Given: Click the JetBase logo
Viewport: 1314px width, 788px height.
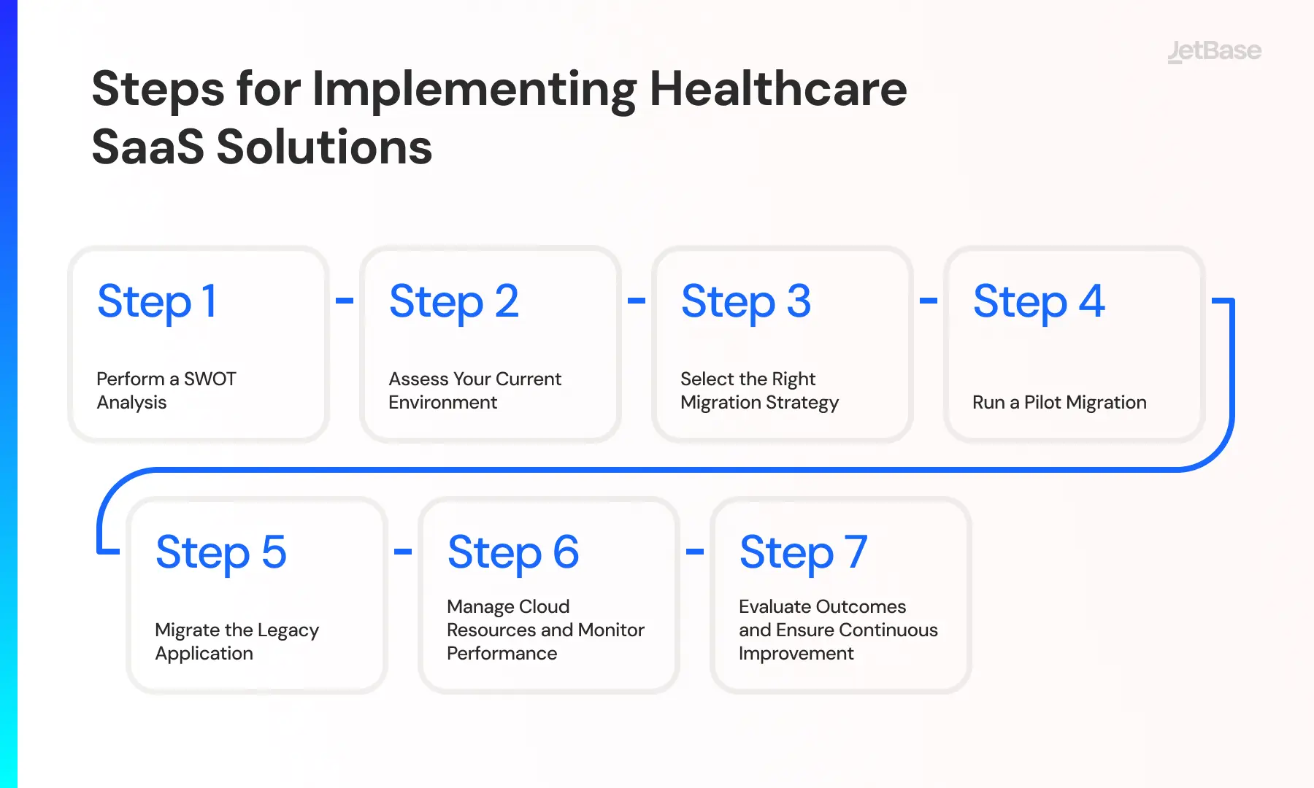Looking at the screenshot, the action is [1214, 51].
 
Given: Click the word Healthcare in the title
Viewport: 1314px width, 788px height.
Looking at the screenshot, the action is [778, 89].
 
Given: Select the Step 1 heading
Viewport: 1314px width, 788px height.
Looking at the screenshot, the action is [157, 301].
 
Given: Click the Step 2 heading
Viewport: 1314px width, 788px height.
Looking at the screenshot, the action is [454, 301].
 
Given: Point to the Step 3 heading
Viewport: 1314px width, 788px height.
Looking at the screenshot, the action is [746, 301].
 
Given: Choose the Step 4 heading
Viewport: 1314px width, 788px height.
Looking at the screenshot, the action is [1039, 301].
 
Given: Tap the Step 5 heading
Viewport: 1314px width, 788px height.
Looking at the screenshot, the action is [221, 552].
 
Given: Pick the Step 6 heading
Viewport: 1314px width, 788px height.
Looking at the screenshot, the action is [513, 552].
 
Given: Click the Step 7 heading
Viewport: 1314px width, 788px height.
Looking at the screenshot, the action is [804, 552].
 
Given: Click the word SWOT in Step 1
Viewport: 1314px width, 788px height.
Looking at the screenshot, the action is [210, 379].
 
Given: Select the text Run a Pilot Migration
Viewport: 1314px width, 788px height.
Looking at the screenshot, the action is [1059, 403].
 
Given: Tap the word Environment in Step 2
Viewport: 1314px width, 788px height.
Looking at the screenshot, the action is [443, 402].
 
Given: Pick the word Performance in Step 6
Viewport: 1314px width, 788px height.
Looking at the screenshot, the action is [502, 653].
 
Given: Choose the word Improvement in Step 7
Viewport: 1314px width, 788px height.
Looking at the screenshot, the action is [796, 654].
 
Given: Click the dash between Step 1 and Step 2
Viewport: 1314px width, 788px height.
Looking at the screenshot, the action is [345, 300].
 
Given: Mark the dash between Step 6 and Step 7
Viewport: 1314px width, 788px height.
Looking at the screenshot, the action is [695, 551].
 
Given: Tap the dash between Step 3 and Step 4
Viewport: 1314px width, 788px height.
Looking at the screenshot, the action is [929, 300].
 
